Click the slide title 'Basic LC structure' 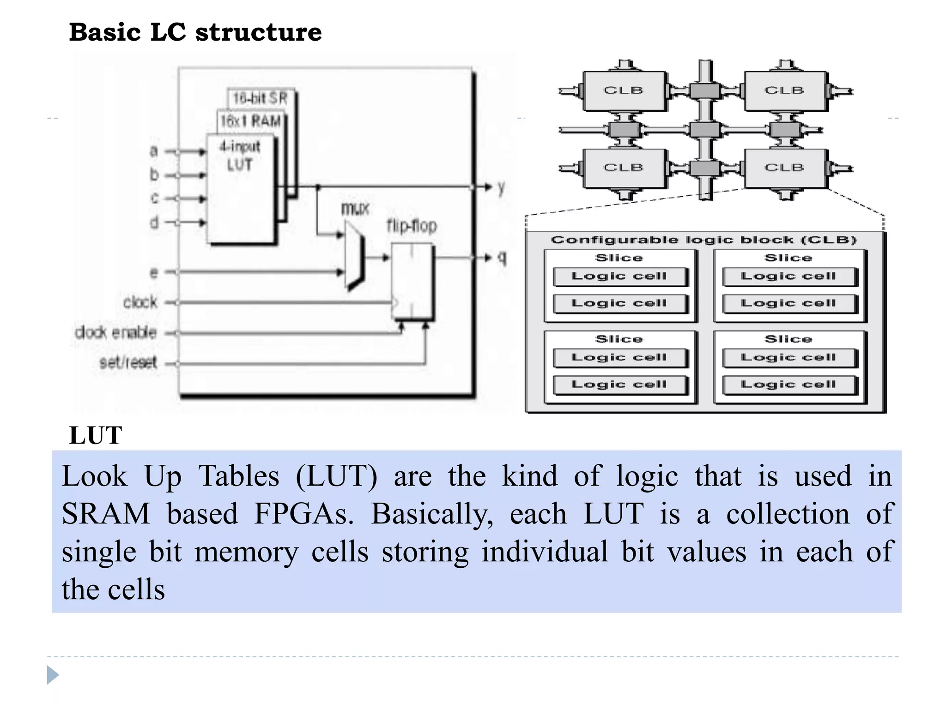pyautogui.click(x=195, y=32)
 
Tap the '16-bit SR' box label pyautogui.click(x=260, y=98)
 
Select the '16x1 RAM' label pyautogui.click(x=250, y=121)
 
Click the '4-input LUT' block pyautogui.click(x=240, y=189)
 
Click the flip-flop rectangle pyautogui.click(x=412, y=282)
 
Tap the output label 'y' pyautogui.click(x=501, y=187)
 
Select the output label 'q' pyautogui.click(x=502, y=257)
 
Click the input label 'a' pyautogui.click(x=154, y=151)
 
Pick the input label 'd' pyautogui.click(x=154, y=222)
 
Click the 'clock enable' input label pyautogui.click(x=116, y=332)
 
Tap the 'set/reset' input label pyautogui.click(x=128, y=363)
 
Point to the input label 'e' pyautogui.click(x=154, y=272)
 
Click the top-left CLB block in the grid pyautogui.click(x=624, y=90)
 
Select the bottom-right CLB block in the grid pyautogui.click(x=784, y=168)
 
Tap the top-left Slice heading pyautogui.click(x=619, y=258)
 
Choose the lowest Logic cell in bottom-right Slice pyautogui.click(x=788, y=385)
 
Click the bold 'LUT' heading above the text pyautogui.click(x=96, y=435)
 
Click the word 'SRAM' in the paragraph pyautogui.click(x=106, y=514)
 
